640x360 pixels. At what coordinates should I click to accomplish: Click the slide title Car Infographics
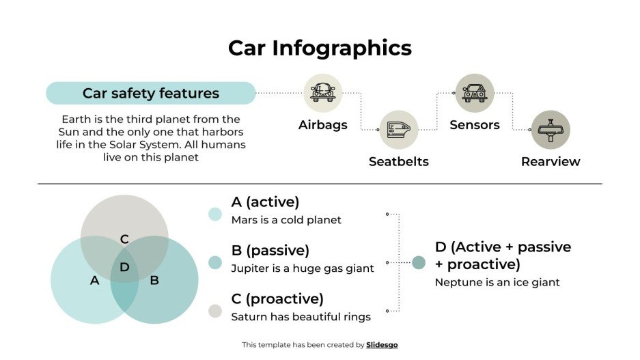(x=320, y=48)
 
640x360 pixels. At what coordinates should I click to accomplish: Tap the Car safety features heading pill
(x=151, y=94)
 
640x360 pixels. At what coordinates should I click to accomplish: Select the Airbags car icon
(x=322, y=93)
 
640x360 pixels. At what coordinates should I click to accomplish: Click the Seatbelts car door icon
(x=398, y=129)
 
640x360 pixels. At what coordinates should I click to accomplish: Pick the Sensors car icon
(x=475, y=93)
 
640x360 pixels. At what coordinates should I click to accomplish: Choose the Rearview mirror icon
(x=551, y=129)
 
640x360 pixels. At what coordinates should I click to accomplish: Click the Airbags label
(x=322, y=125)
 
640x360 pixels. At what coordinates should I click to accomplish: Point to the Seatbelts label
(x=398, y=162)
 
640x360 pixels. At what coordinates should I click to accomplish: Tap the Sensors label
(x=475, y=125)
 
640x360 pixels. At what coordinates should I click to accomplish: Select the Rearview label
(x=551, y=162)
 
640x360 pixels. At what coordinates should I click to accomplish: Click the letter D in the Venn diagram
(x=124, y=267)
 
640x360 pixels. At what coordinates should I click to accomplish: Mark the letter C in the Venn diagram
(x=124, y=239)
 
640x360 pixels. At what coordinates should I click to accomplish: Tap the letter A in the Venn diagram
(x=94, y=280)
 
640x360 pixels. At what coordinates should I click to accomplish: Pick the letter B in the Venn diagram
(x=154, y=280)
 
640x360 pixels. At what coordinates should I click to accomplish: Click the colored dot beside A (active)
(x=215, y=214)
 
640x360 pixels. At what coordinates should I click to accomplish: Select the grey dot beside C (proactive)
(x=215, y=311)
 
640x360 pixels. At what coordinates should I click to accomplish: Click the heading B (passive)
(x=270, y=250)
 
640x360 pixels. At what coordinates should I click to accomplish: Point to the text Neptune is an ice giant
(x=497, y=282)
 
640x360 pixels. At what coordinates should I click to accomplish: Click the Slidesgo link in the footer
(x=382, y=345)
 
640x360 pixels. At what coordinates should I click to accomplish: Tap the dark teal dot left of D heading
(x=419, y=262)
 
